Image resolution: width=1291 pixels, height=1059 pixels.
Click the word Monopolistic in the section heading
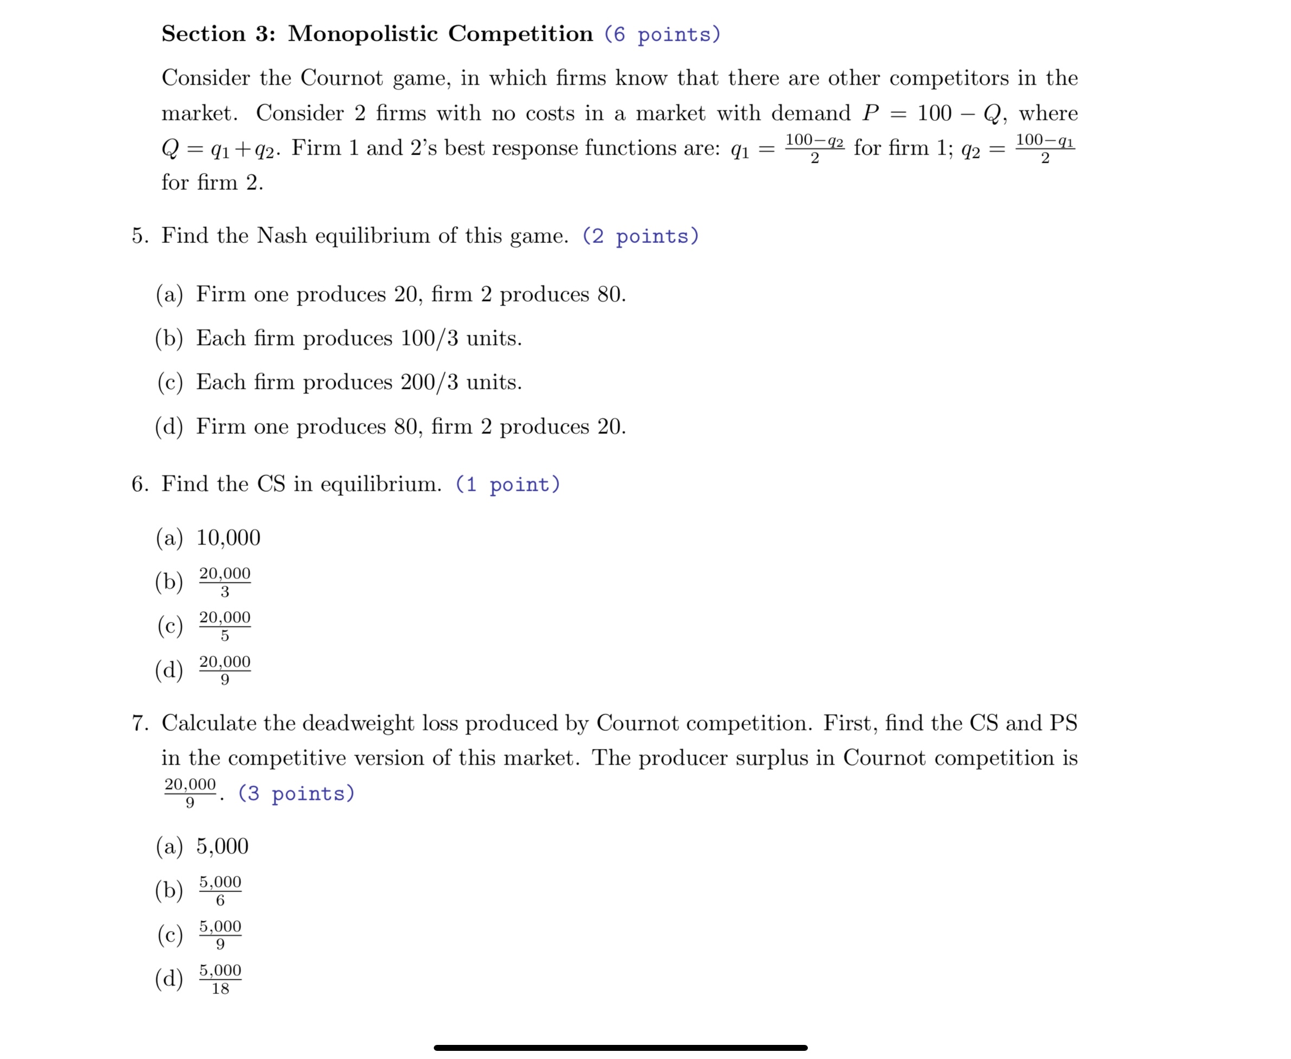(362, 34)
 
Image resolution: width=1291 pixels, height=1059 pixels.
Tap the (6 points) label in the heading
(662, 35)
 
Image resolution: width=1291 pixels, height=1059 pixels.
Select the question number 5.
(140, 236)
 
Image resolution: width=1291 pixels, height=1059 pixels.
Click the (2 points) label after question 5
(640, 236)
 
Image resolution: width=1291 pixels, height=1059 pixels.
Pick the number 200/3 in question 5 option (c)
(429, 382)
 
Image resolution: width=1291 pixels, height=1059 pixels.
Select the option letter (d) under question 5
(169, 426)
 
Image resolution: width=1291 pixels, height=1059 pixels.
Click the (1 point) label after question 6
(508, 485)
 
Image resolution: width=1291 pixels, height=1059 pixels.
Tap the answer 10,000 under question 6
(228, 538)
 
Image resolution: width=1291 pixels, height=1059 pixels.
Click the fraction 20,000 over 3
(224, 582)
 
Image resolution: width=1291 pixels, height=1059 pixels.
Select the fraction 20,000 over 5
(224, 626)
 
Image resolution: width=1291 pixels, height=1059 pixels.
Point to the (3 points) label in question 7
(296, 794)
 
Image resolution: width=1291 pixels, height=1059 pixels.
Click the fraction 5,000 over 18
(220, 979)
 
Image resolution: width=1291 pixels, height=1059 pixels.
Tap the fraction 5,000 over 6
(220, 890)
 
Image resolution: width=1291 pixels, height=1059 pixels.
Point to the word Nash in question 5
(281, 236)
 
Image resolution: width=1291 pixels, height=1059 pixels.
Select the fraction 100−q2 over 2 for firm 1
(814, 148)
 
